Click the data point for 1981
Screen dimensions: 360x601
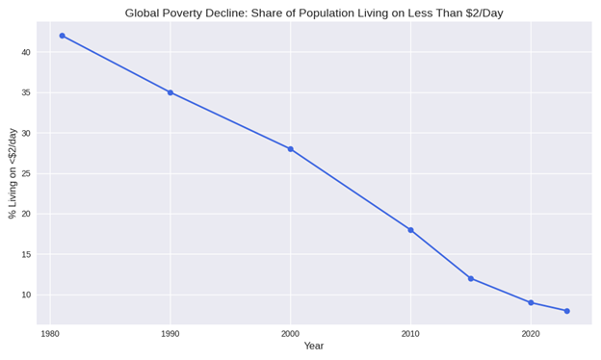pos(63,36)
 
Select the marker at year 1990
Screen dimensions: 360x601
pos(170,92)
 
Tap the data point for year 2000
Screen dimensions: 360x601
pos(290,149)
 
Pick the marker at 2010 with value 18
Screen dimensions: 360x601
pos(410,230)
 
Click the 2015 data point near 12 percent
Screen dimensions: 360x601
pos(471,278)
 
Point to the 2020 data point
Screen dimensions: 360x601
pos(531,302)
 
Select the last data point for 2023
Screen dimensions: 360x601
pos(567,311)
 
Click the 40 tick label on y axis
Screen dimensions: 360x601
pos(26,52)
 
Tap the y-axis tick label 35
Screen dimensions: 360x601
pos(26,92)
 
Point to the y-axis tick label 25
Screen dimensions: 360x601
pos(26,173)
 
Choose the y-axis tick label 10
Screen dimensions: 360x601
pos(26,295)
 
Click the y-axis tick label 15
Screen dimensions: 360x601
pos(26,254)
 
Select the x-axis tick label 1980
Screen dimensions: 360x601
pos(50,334)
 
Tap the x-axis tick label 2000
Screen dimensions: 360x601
pos(290,334)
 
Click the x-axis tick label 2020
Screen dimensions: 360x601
pos(531,334)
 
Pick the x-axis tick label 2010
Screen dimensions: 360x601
pos(410,334)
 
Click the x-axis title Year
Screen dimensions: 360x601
pos(314,347)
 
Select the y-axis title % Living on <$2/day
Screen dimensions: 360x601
pos(13,173)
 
